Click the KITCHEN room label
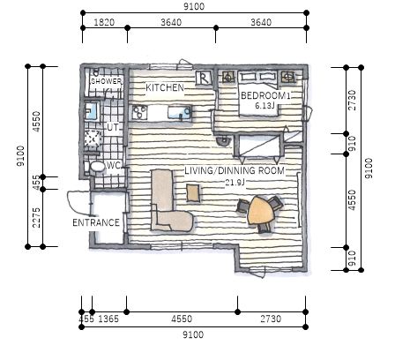(x=165, y=87)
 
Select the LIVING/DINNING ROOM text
(x=235, y=170)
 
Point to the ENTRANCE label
(x=96, y=222)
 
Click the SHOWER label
(x=106, y=81)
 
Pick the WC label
(x=114, y=165)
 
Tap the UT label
(x=113, y=127)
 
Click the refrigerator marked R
(x=205, y=78)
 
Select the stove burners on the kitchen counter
(x=139, y=113)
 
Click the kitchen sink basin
(x=180, y=113)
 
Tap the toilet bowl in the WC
(x=97, y=167)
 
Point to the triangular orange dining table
(x=262, y=210)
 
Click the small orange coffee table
(x=193, y=193)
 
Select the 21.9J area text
(x=235, y=183)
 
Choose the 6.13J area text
(x=265, y=106)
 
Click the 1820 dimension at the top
(x=104, y=22)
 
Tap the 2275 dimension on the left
(x=36, y=218)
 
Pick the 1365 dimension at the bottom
(x=108, y=319)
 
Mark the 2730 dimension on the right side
(x=352, y=100)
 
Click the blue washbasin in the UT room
(x=92, y=111)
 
